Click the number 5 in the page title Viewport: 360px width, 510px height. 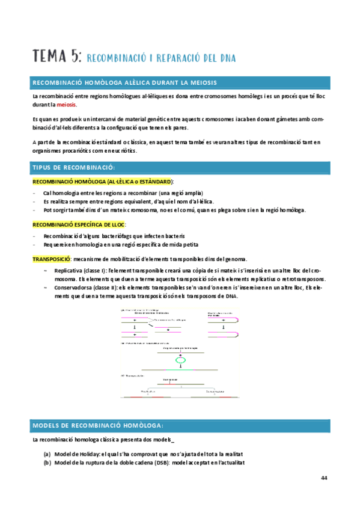pos(75,57)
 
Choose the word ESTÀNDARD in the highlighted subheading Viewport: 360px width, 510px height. pos(153,181)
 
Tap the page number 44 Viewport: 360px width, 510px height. pos(324,478)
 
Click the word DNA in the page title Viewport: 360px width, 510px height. pos(227,58)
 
